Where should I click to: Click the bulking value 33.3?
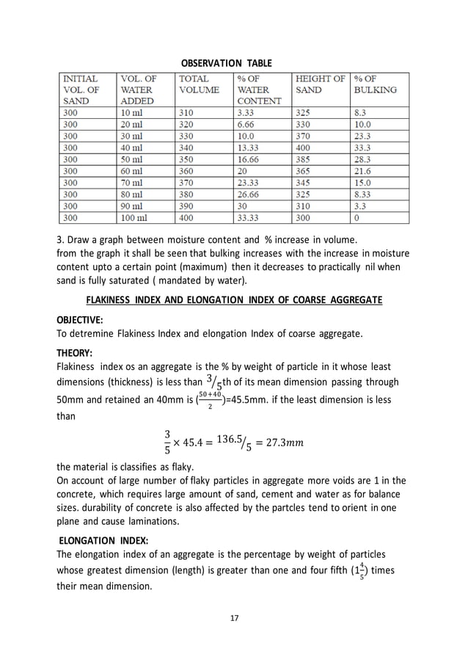[x=362, y=148]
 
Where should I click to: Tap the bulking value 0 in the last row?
[x=357, y=218]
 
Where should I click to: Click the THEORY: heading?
[x=74, y=352]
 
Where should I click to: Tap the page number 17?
[x=234, y=618]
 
